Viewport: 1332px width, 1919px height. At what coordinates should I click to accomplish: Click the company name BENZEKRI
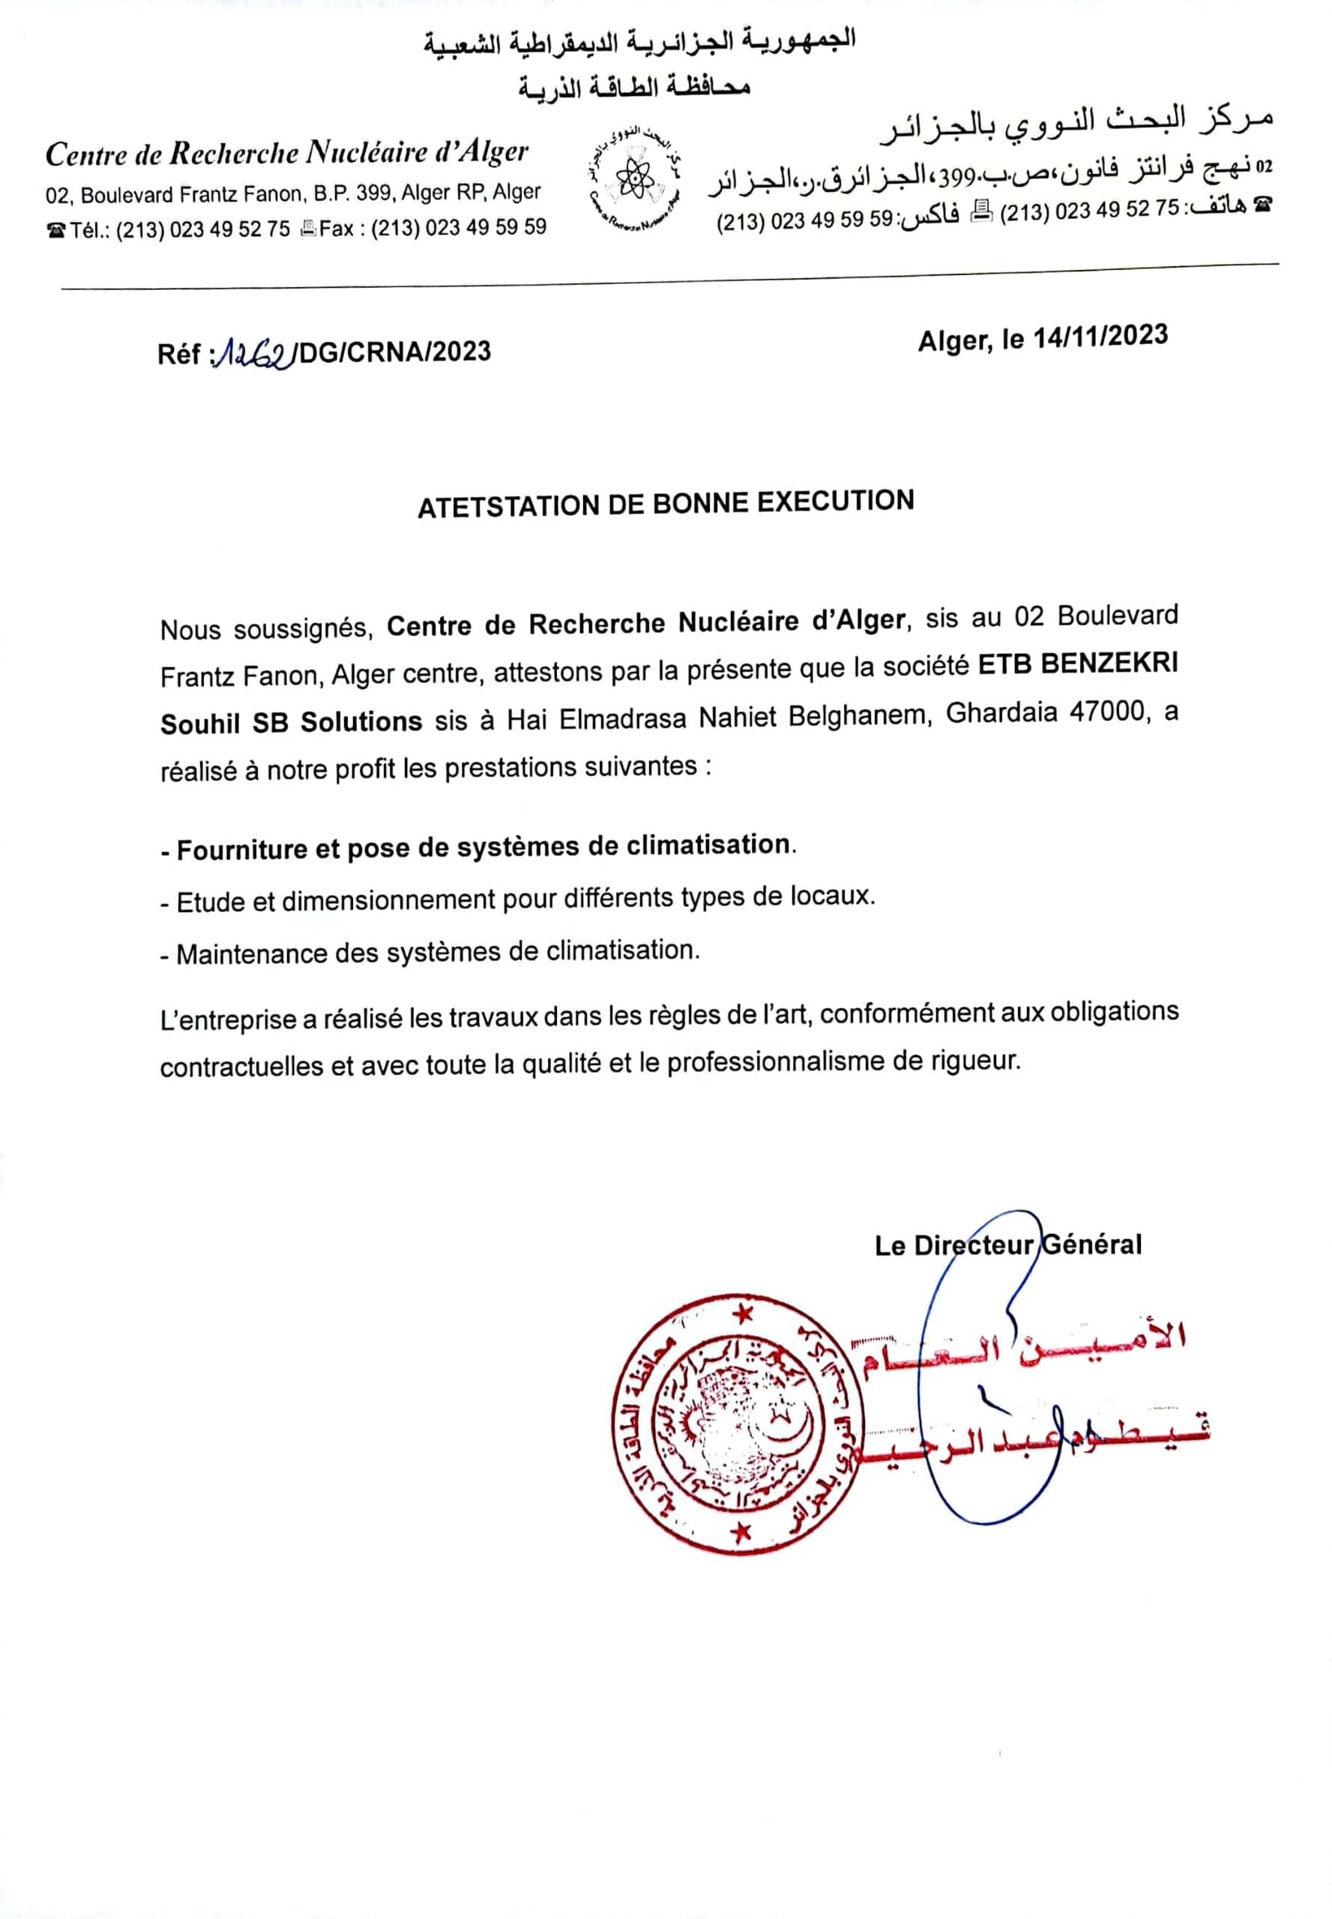click(1110, 663)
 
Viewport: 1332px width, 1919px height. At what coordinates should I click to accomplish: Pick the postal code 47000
click(1112, 712)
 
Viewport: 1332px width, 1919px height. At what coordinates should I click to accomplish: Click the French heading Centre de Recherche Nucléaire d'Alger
click(287, 154)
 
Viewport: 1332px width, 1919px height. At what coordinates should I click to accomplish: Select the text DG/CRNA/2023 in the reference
click(395, 352)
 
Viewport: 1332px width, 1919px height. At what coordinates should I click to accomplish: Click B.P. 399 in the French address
click(352, 194)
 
